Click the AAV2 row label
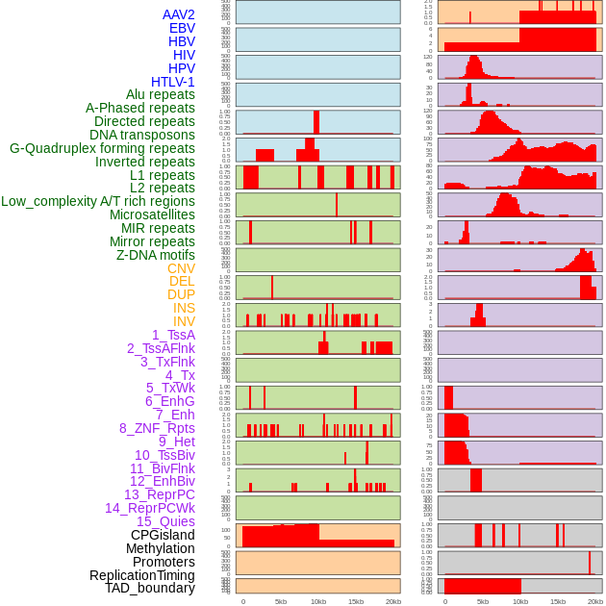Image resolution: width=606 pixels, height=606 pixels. click(x=178, y=14)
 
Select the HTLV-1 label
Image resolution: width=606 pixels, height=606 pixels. click(x=172, y=82)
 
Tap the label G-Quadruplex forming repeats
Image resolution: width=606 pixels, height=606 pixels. click(x=102, y=148)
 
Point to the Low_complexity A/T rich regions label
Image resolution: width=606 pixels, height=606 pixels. click(x=98, y=201)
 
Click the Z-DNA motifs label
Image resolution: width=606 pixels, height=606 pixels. click(x=156, y=255)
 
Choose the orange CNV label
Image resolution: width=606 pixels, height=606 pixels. click(x=181, y=268)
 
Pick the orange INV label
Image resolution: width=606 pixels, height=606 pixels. click(x=184, y=321)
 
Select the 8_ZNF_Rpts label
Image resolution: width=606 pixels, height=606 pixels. click(x=157, y=428)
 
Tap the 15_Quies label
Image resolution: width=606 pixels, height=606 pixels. click(x=165, y=521)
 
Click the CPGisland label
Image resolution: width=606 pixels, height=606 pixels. click(x=163, y=535)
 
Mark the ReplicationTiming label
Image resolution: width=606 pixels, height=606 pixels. click(x=141, y=575)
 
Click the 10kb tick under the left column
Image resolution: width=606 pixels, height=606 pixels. click(x=318, y=601)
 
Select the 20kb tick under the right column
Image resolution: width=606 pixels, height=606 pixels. click(x=595, y=601)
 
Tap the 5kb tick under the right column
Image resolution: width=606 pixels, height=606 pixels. click(x=483, y=601)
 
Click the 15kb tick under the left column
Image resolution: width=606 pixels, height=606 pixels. click(x=356, y=601)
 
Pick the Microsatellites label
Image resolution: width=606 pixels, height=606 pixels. click(x=152, y=215)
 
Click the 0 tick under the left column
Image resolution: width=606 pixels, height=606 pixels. click(x=243, y=601)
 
